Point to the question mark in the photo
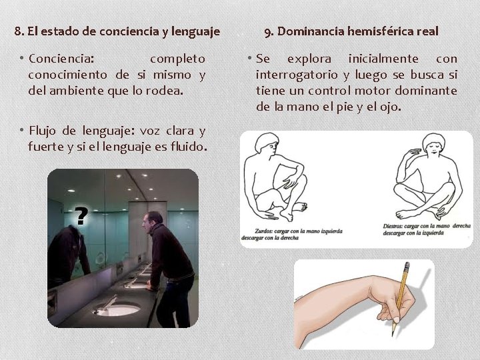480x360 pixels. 81,215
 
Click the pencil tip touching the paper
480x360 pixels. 395,333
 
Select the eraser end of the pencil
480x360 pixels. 407,265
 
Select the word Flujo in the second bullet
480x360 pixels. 45,130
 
